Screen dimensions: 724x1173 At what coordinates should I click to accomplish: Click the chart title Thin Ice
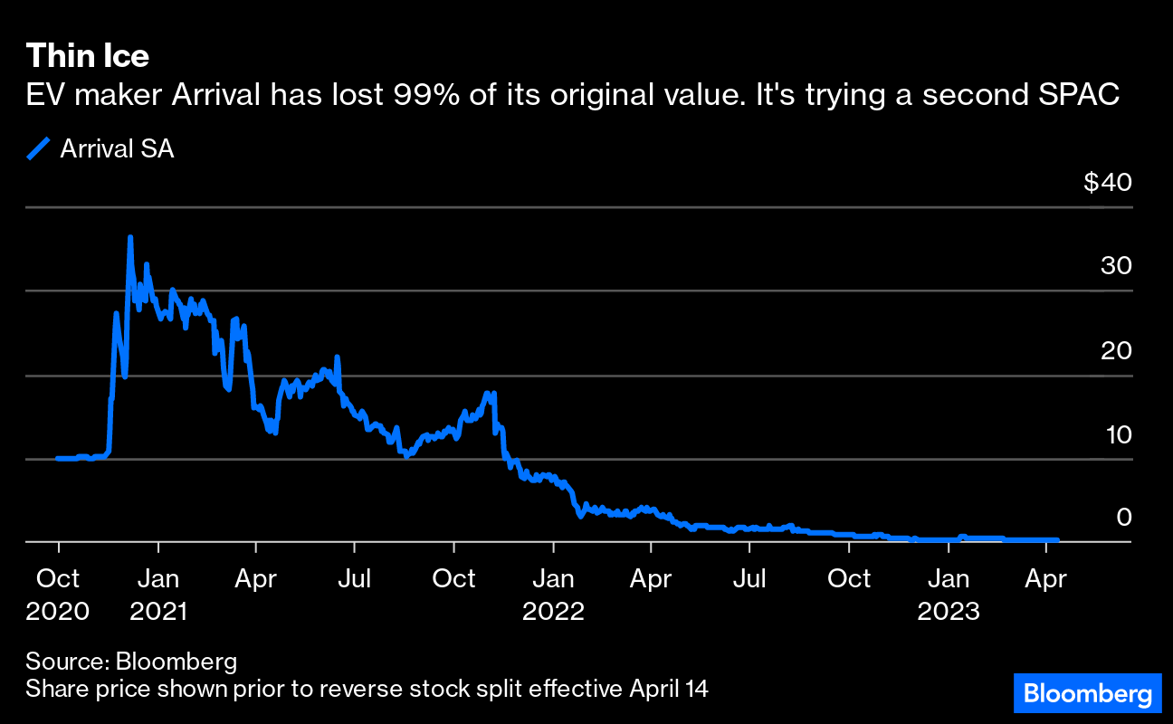(x=88, y=57)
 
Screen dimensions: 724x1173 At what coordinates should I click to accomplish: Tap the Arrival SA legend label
(x=117, y=149)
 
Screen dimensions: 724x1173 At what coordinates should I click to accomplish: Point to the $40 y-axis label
(x=1107, y=183)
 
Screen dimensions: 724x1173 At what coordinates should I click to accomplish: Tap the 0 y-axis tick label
(x=1123, y=518)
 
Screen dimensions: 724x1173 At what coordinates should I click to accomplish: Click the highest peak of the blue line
(x=130, y=237)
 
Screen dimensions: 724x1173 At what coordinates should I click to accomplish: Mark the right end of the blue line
(x=1056, y=540)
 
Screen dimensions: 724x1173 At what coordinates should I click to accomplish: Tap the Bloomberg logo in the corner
(x=1087, y=695)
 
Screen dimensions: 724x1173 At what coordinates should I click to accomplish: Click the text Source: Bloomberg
(x=131, y=662)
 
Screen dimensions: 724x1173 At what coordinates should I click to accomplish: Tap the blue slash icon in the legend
(x=38, y=149)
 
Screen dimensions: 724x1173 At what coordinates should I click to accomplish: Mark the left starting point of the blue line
(x=57, y=458)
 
